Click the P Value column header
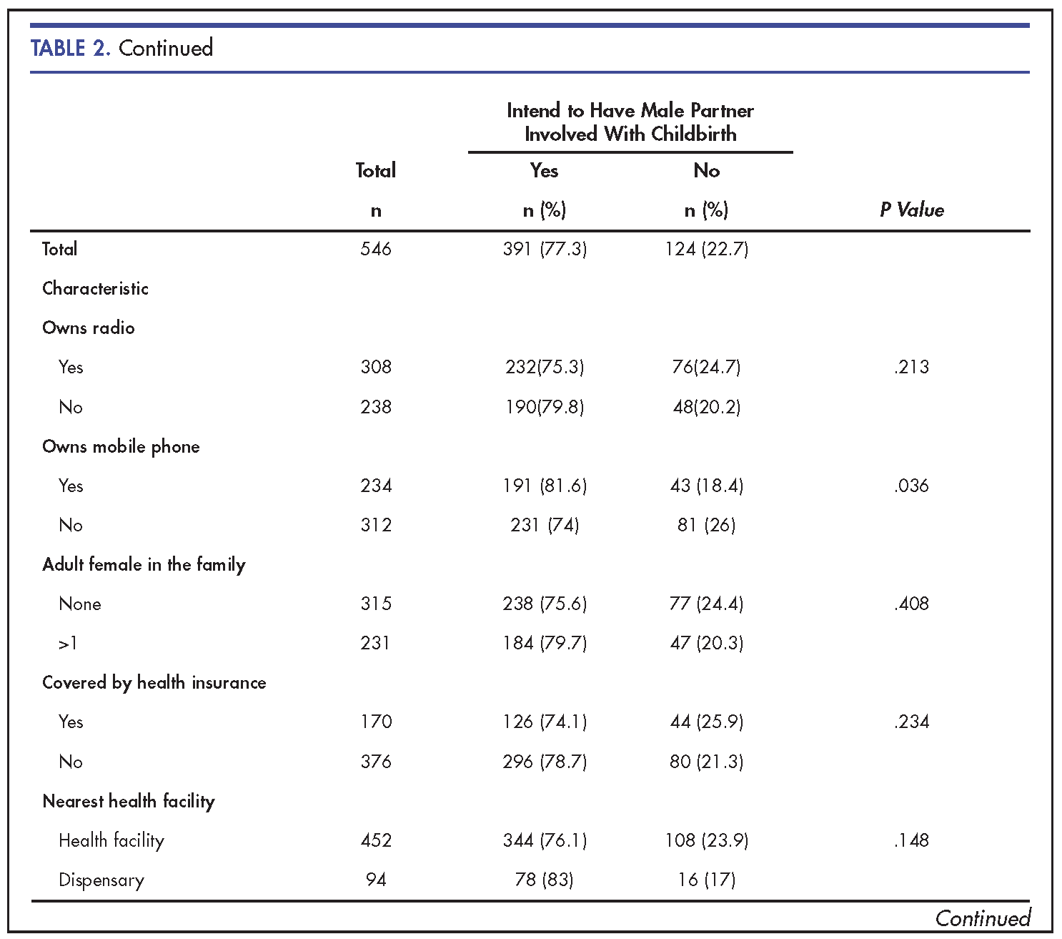point(911,210)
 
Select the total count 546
point(376,249)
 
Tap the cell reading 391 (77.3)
point(545,249)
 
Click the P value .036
point(911,486)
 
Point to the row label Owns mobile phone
point(121,447)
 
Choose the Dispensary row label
point(101,880)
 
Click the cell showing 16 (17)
point(707,880)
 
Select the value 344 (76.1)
point(545,840)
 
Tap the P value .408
point(911,604)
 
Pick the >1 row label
point(68,643)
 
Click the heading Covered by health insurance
point(154,683)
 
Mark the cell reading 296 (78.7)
point(545,762)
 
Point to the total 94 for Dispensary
point(376,880)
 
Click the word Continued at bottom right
point(983,918)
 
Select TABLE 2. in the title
point(70,48)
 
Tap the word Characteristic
point(95,288)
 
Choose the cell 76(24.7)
point(707,367)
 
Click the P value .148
point(911,840)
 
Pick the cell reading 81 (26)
point(707,525)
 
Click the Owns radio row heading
point(89,328)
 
